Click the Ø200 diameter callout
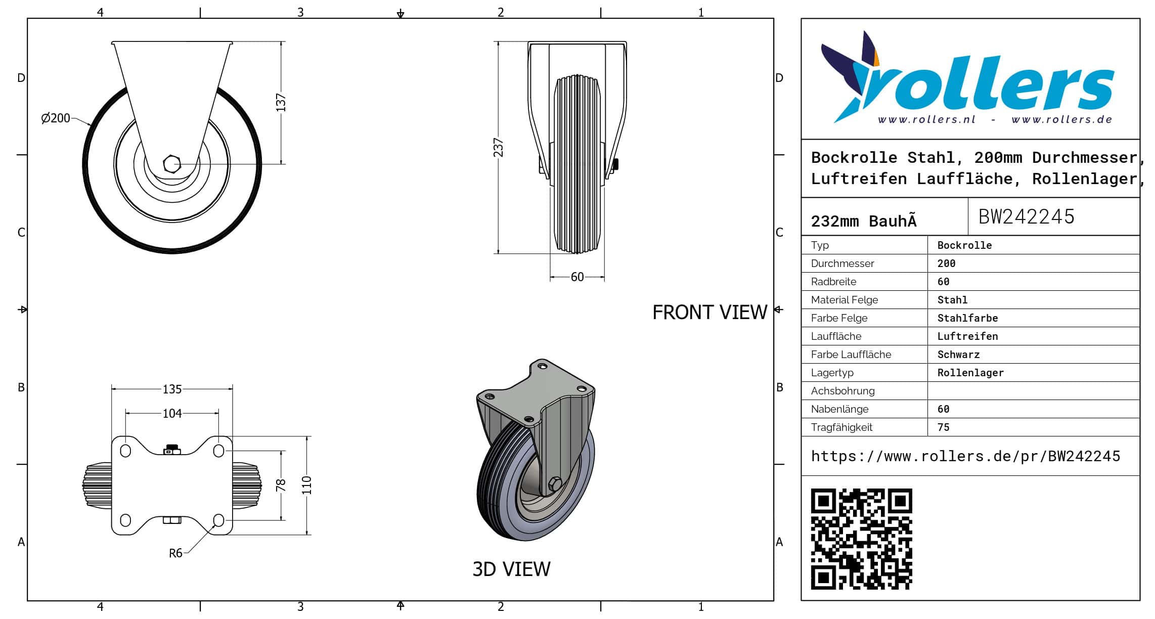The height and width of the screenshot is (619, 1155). tap(56, 118)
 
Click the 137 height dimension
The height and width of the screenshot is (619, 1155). tap(281, 103)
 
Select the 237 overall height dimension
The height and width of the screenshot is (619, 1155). tap(499, 148)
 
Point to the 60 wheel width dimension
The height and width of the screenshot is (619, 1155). tap(577, 277)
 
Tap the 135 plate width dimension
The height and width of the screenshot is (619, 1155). tap(172, 389)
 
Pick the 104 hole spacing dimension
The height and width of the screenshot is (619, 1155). tap(172, 414)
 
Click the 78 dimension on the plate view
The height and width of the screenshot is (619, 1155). tap(281, 485)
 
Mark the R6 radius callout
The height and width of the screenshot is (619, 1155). tap(175, 553)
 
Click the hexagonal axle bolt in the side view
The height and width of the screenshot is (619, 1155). tap(172, 164)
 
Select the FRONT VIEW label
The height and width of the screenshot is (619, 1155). tap(709, 313)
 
